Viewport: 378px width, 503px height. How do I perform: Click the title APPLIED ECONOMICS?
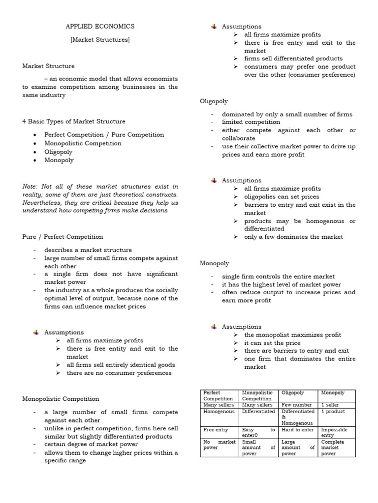pos(100,27)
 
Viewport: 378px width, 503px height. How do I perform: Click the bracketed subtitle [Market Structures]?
pos(100,40)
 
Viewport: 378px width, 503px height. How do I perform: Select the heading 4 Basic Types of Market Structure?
pos(74,121)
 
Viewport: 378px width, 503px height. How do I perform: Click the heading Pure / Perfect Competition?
pos(63,237)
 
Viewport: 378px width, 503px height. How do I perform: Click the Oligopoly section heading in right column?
pos(214,101)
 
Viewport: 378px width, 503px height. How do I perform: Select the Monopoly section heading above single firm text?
pos(214,263)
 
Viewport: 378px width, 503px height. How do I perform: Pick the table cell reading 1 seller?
pos(330,405)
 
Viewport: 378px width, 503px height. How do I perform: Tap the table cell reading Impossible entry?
pos(334,432)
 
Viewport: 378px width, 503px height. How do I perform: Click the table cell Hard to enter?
pos(297,430)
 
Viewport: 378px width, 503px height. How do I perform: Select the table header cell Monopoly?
pos(333,393)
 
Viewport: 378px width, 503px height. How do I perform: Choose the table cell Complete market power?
pos(334,448)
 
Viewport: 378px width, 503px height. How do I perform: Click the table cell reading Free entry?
pos(216,430)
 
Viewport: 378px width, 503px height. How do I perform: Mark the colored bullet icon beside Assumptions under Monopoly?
pos(214,327)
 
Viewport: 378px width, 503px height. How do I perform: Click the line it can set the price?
pos(272,343)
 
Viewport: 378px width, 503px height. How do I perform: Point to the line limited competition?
pos(251,122)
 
